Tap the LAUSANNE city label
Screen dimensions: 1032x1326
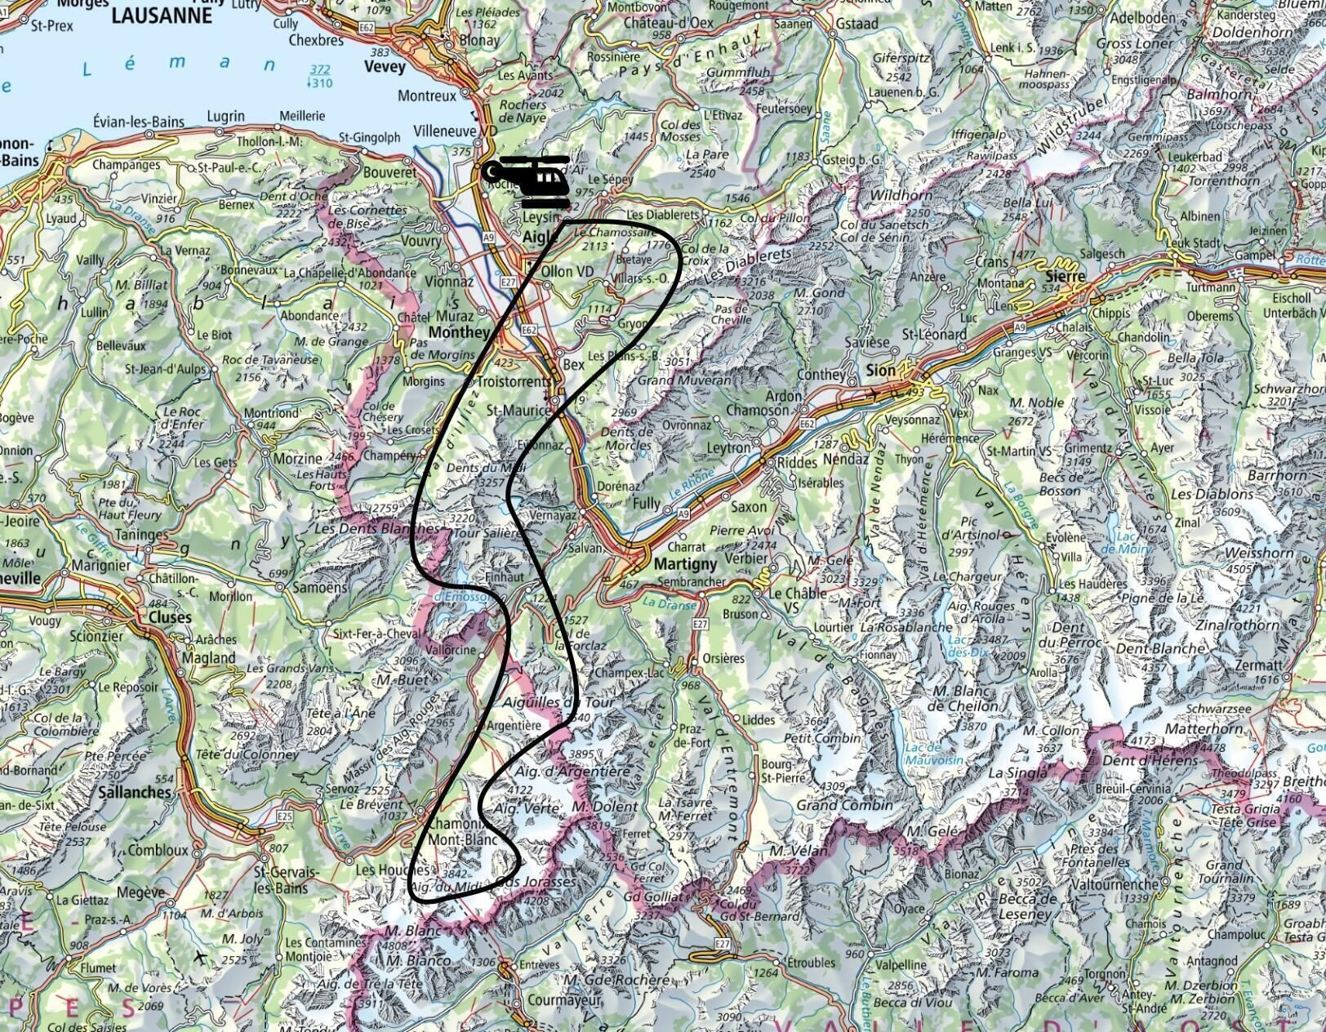pos(160,15)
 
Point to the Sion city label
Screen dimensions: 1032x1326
pos(880,370)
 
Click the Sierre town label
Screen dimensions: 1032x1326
pos(1066,277)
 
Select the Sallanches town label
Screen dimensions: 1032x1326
pos(134,792)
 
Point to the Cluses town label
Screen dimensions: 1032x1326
pos(170,617)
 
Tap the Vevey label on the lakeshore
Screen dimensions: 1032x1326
pos(385,66)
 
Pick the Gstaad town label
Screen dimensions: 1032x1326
pos(857,24)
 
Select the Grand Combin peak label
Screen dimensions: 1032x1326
pos(832,805)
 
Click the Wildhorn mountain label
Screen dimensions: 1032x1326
pos(895,195)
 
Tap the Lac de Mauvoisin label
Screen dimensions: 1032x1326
pos(935,754)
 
